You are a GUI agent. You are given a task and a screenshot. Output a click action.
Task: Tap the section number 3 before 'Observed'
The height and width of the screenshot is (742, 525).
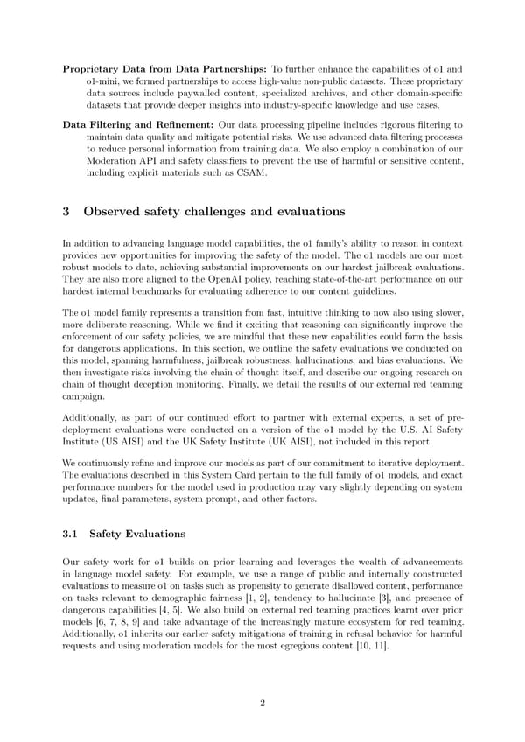[68, 211]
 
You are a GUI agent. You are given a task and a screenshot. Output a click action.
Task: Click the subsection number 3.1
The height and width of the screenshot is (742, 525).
[73, 533]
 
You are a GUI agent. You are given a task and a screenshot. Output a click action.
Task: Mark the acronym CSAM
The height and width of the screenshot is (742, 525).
[253, 173]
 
